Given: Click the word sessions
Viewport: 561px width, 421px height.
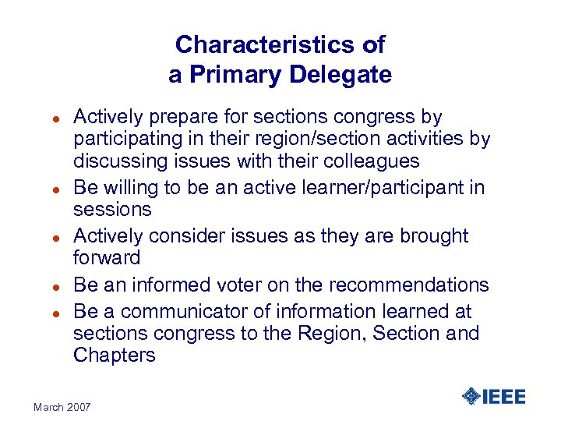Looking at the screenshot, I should click(112, 210).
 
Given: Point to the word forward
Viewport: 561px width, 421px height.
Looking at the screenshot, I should click(107, 257).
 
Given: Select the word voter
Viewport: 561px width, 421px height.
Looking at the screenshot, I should click(235, 285).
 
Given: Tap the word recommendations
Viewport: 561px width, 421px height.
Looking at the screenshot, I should click(403, 285).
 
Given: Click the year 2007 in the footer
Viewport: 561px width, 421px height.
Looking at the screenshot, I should click(78, 407).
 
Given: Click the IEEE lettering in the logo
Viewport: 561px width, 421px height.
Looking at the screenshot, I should click(504, 396).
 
